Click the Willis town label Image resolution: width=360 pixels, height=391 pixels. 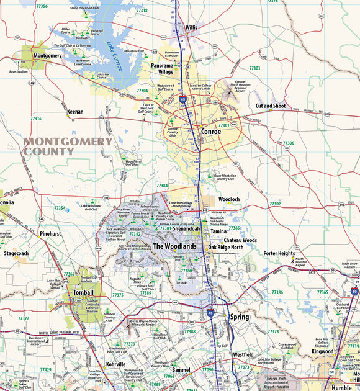pyautogui.click(x=191, y=27)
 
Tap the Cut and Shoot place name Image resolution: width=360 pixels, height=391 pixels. pyautogui.click(x=271, y=106)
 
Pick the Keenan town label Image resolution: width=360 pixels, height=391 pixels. pyautogui.click(x=75, y=112)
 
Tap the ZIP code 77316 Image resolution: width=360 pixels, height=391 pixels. pyautogui.click(x=36, y=119)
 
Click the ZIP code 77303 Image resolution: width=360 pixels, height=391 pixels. pyautogui.click(x=254, y=68)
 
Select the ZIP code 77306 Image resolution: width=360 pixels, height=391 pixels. pyautogui.click(x=288, y=143)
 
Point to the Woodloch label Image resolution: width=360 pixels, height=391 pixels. pyautogui.click(x=230, y=199)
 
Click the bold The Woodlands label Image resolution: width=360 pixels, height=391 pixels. pyautogui.click(x=174, y=246)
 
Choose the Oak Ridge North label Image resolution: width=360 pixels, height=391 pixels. pyautogui.click(x=226, y=248)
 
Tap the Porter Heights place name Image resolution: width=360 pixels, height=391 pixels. pyautogui.click(x=279, y=253)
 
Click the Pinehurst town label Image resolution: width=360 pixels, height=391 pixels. pyautogui.click(x=50, y=235)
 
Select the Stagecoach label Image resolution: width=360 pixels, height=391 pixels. pyautogui.click(x=16, y=254)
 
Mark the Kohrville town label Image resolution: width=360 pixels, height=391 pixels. pyautogui.click(x=115, y=364)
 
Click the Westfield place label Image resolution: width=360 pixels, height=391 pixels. pyautogui.click(x=243, y=354)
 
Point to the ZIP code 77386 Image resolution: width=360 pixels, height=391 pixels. pyautogui.click(x=277, y=292)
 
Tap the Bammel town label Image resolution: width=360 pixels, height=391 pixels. pyautogui.click(x=181, y=370)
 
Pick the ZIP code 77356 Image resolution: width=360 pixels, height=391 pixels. pyautogui.click(x=42, y=6)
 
